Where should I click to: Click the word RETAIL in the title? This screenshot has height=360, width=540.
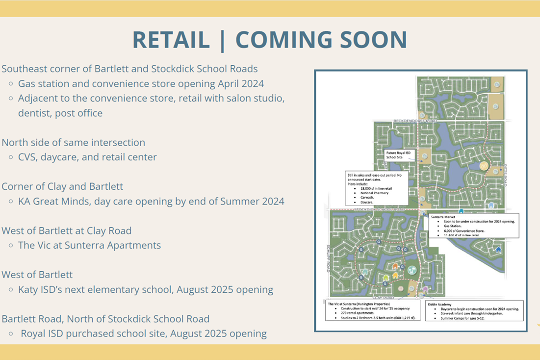coord(171,40)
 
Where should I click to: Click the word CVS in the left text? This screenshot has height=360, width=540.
coord(28,157)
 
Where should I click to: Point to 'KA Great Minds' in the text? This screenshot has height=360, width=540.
coord(54,201)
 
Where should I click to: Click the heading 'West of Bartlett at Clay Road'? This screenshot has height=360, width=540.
coord(66,231)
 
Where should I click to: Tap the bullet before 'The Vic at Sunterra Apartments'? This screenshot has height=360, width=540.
coord(11,245)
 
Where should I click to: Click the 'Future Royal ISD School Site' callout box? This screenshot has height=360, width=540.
coord(400,155)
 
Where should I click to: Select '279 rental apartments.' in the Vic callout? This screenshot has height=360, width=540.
coord(355,313)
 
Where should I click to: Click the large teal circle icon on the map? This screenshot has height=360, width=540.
coord(412,269)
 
